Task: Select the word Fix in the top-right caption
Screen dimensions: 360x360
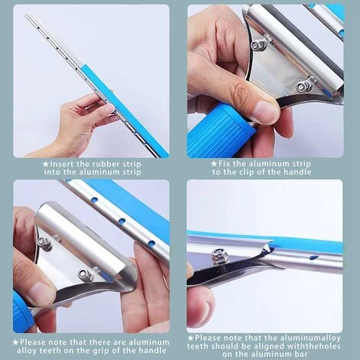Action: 224,163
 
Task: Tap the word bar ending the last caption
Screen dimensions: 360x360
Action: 301,354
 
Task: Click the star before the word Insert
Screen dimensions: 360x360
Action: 46,164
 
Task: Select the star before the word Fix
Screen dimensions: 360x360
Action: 214,164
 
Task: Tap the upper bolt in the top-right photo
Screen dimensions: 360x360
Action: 256,45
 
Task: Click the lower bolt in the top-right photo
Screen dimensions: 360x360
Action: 302,87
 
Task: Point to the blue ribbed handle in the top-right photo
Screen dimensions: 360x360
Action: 220,132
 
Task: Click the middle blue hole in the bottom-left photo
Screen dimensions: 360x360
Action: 122,220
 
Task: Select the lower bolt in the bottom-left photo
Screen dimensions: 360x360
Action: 83,275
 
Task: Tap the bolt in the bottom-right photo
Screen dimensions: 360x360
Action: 218,254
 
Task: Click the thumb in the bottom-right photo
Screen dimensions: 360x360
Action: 201,304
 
